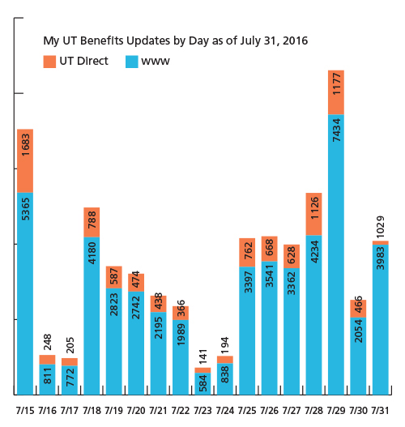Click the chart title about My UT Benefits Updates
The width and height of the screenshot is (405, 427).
click(176, 41)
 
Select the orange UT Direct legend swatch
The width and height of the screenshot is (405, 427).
click(49, 62)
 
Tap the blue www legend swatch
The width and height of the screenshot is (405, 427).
click(131, 62)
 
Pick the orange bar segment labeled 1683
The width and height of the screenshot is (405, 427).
click(25, 161)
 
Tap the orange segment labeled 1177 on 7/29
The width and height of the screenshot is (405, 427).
click(335, 92)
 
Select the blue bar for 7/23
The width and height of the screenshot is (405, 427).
click(202, 383)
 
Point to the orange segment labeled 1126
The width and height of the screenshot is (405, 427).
click(313, 214)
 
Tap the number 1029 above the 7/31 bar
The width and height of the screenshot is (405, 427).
click(380, 222)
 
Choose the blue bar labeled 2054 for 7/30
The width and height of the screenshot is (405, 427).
click(357, 355)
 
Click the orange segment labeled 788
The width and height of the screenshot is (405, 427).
click(92, 222)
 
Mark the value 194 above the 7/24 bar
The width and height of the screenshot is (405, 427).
click(224, 344)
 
